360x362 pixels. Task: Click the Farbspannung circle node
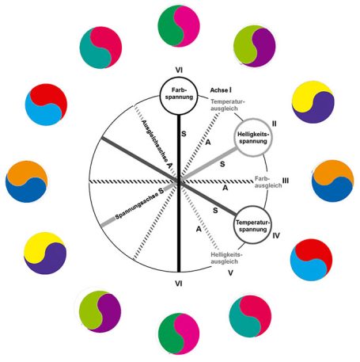click(x=179, y=95)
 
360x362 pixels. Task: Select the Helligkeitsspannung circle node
click(x=253, y=138)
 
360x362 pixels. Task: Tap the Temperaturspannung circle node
click(x=252, y=225)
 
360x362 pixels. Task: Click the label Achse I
click(x=221, y=90)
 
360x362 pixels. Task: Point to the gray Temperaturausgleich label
click(x=228, y=105)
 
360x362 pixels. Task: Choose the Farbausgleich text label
click(x=268, y=182)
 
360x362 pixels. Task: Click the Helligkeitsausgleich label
click(x=226, y=258)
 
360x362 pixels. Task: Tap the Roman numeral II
click(x=275, y=124)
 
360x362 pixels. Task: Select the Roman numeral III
click(x=286, y=181)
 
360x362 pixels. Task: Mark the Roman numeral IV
click(x=276, y=235)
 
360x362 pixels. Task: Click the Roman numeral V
click(x=230, y=273)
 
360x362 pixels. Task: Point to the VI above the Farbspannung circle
click(x=179, y=70)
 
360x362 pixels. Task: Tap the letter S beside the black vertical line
click(x=184, y=134)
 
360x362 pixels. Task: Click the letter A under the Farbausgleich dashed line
click(x=225, y=188)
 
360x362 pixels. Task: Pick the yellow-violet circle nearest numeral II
click(x=313, y=102)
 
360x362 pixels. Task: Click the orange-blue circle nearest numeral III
click(x=332, y=181)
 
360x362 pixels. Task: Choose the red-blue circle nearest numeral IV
click(x=311, y=260)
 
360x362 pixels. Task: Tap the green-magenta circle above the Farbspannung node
click(x=179, y=26)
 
